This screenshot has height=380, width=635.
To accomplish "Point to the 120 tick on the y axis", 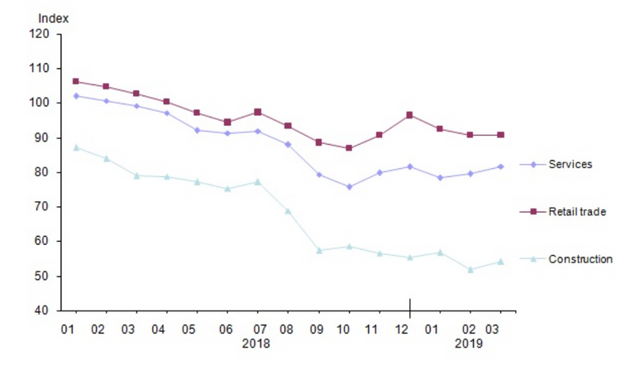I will pyautogui.click(x=41, y=34).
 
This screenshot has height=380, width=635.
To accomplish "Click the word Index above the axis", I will pyautogui.click(x=55, y=17).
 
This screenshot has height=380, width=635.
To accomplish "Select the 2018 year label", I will pyautogui.click(x=255, y=343).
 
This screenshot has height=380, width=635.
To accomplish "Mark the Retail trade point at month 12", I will pyautogui.click(x=410, y=115).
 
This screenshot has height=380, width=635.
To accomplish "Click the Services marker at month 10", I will pyautogui.click(x=350, y=187).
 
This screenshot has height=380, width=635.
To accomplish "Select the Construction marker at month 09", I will pyautogui.click(x=319, y=250).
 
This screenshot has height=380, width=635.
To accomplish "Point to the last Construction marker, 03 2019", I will pyautogui.click(x=500, y=262).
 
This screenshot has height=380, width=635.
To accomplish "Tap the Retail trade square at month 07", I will pyautogui.click(x=257, y=112).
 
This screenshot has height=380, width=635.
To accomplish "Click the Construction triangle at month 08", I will pyautogui.click(x=288, y=211).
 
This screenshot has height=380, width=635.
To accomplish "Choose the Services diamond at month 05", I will pyautogui.click(x=197, y=130).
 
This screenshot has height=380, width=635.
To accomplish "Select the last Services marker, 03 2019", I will pyautogui.click(x=500, y=166).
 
